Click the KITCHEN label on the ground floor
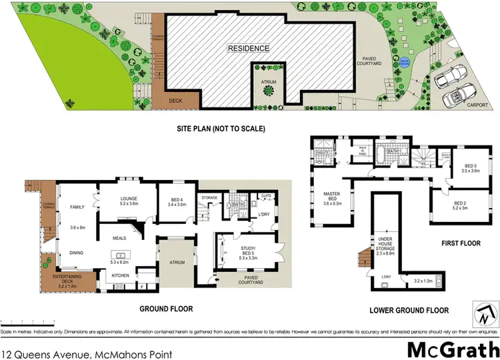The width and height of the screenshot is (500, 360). [x=121, y=275]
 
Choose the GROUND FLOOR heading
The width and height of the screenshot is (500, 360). [x=166, y=309]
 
